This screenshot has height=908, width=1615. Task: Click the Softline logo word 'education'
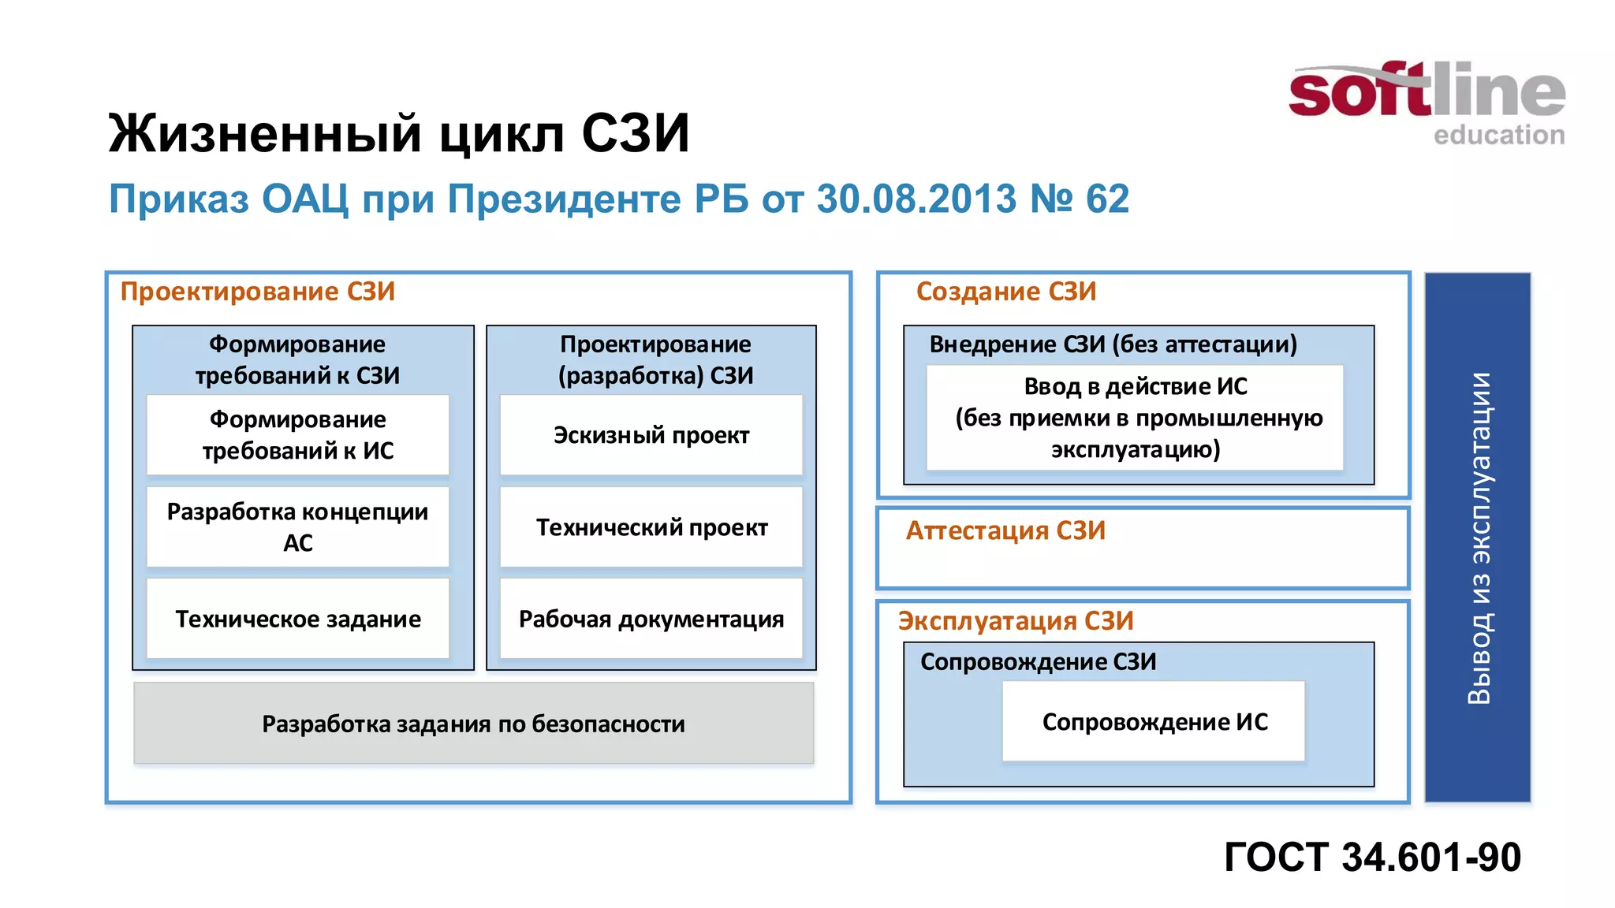[x=1498, y=135]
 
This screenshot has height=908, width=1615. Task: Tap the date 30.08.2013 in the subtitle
[x=916, y=199]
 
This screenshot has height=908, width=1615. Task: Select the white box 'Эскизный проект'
[x=651, y=435]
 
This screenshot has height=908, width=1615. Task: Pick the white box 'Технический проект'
[x=651, y=527]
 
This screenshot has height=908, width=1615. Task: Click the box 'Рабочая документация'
[x=651, y=619]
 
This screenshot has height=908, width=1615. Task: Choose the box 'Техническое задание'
[x=298, y=619]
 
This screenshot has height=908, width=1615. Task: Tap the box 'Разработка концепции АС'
[x=298, y=527]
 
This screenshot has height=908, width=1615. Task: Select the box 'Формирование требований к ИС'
[x=298, y=435]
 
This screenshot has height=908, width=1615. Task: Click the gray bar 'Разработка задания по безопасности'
[x=473, y=724]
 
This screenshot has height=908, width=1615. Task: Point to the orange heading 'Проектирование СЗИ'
[x=258, y=292]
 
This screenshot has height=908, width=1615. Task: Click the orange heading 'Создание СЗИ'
[x=1006, y=292]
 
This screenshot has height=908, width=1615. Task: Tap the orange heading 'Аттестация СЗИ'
[x=1005, y=530]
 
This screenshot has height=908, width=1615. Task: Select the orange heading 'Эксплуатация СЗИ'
[x=1016, y=621]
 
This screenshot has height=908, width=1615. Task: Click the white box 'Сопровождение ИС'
[x=1154, y=721]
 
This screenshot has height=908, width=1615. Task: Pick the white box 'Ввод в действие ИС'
[x=1136, y=418]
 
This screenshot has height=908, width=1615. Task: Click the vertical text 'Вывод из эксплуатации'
[x=1479, y=538]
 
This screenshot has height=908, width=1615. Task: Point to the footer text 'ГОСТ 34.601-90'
[x=1372, y=857]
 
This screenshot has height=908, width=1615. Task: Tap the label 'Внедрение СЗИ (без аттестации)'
[x=1113, y=344]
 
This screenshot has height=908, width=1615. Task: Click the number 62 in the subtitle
[x=1107, y=199]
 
